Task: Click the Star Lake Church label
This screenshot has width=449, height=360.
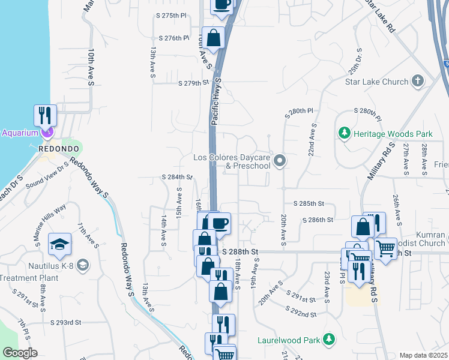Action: point(376,82)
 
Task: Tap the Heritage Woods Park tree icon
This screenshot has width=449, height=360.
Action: point(345,133)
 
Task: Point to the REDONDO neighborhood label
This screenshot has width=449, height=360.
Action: point(55,149)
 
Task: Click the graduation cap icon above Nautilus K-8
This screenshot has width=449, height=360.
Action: point(59,243)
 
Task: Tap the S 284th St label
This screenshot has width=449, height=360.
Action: point(177,177)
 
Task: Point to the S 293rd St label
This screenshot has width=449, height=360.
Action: point(65,322)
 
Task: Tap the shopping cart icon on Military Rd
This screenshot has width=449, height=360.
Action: point(385,247)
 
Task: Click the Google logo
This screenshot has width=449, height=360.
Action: point(19,353)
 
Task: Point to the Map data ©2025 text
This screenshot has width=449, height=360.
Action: point(423,355)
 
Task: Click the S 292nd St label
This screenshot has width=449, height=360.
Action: point(301,314)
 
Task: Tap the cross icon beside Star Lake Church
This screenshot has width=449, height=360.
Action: point(418,81)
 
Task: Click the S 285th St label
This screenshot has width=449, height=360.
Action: point(309,204)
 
